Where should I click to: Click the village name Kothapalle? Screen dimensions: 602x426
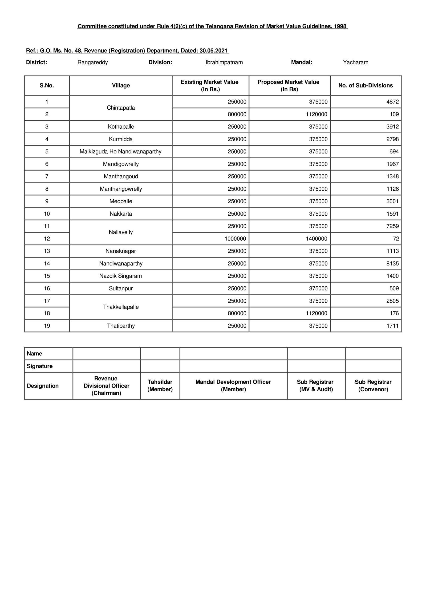click(121, 127)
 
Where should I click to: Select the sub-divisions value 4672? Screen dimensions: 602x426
click(392, 102)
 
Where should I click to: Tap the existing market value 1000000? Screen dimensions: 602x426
click(235, 239)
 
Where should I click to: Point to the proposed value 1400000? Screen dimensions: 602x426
click(316, 239)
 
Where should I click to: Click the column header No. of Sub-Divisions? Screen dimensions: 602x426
click(365, 85)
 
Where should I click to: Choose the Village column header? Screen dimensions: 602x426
click(121, 85)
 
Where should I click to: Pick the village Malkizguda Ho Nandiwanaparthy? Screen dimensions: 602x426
click(121, 151)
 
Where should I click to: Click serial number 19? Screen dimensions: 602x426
click(47, 326)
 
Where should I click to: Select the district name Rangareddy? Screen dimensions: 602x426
click(93, 62)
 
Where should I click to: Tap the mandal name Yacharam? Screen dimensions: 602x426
click(355, 62)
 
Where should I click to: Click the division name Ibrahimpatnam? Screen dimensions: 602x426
click(224, 62)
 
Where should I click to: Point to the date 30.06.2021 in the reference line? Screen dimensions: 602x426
click(213, 51)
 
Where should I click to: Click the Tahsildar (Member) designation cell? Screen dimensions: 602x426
click(160, 385)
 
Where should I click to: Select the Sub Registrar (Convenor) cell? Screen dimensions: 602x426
click(373, 385)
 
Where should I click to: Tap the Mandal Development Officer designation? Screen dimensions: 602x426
click(233, 385)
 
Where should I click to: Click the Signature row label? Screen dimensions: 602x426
click(40, 366)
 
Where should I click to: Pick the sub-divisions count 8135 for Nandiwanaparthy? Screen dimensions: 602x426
click(392, 264)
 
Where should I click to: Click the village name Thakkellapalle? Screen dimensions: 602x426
click(121, 307)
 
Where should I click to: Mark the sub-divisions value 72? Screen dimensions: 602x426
click(396, 239)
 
